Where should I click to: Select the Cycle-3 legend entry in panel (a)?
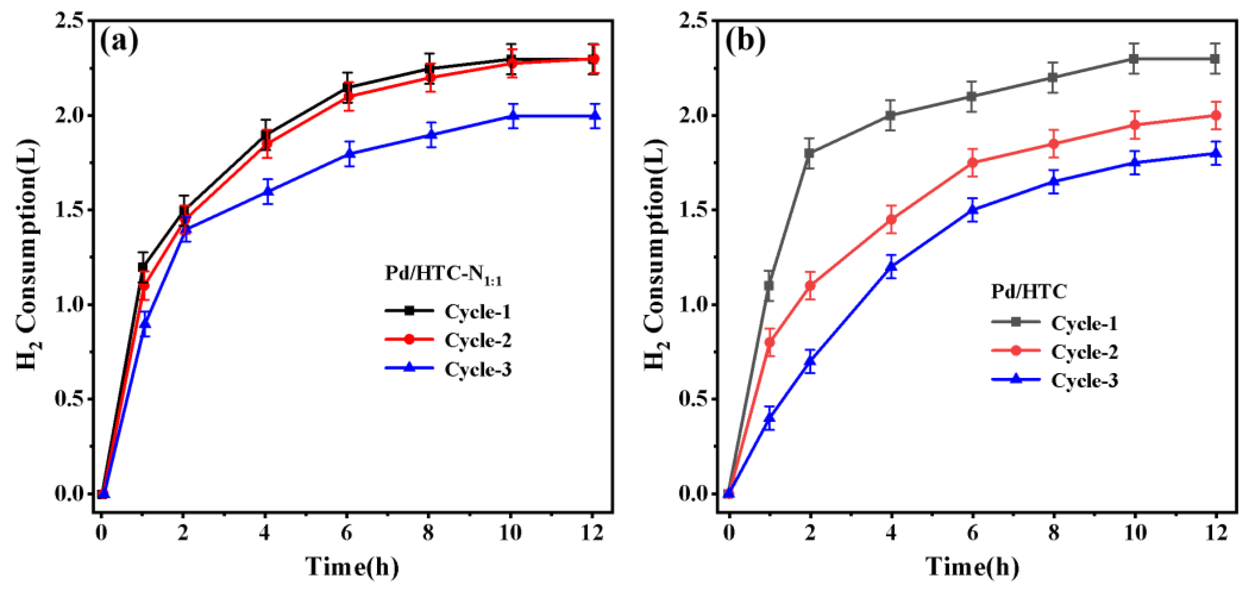tap(477, 369)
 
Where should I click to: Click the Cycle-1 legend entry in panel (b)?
tap(1084, 323)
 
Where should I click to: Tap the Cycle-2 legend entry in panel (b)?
tap(1084, 351)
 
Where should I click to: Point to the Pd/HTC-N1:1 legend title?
tap(443, 275)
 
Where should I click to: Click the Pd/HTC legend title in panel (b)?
tap(1028, 291)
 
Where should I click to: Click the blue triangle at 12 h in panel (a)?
tap(594, 116)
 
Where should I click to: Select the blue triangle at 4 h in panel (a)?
tap(267, 191)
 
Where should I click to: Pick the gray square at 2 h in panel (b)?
tap(810, 154)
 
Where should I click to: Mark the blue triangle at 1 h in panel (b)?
tap(769, 418)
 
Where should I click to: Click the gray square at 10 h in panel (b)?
tap(1135, 59)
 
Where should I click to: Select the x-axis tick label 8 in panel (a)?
tap(428, 533)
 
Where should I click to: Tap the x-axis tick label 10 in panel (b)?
tap(1135, 533)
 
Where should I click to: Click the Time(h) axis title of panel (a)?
tap(352, 567)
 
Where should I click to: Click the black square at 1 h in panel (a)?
tap(143, 267)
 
